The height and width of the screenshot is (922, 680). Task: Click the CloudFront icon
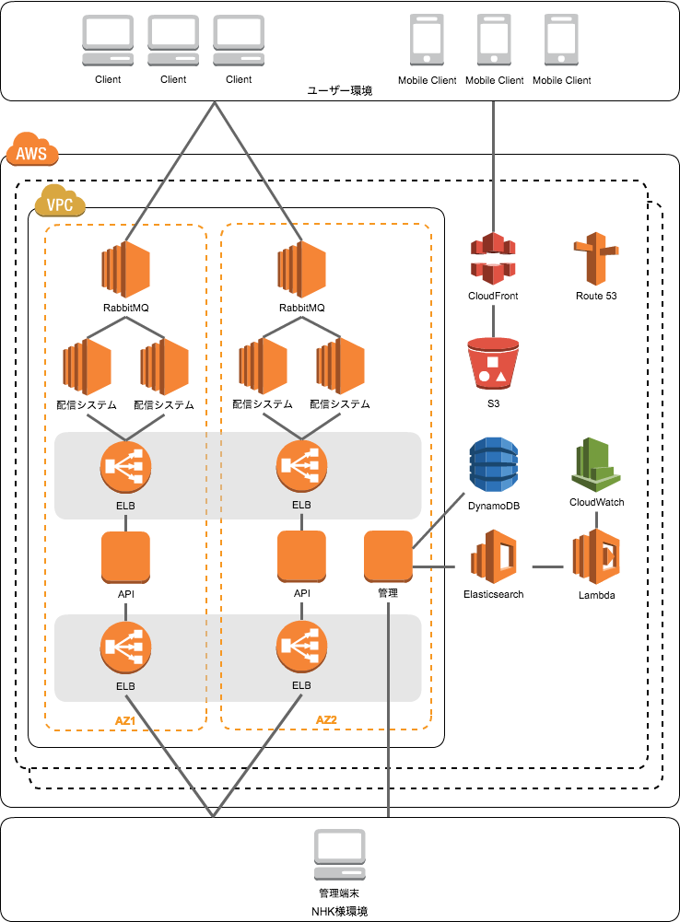click(x=493, y=259)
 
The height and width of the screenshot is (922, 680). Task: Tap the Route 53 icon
click(x=596, y=259)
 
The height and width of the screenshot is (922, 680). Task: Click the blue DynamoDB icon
click(x=494, y=464)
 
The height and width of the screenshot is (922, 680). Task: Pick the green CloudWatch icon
click(x=596, y=464)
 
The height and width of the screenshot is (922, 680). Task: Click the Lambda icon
click(x=596, y=557)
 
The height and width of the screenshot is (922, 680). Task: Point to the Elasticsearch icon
click(x=493, y=558)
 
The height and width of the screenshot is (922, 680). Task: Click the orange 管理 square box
click(x=388, y=554)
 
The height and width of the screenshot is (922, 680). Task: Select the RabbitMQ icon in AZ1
click(x=125, y=269)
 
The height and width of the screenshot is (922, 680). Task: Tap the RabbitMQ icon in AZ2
click(x=301, y=269)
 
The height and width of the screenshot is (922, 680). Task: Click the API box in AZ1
click(x=125, y=555)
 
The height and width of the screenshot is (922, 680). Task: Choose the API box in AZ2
click(x=301, y=555)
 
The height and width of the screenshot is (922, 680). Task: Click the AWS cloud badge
click(x=32, y=151)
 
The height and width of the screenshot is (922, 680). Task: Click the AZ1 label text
click(x=125, y=720)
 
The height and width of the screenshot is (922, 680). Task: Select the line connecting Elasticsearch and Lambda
click(x=548, y=566)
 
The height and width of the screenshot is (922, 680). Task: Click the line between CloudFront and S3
click(x=493, y=321)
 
